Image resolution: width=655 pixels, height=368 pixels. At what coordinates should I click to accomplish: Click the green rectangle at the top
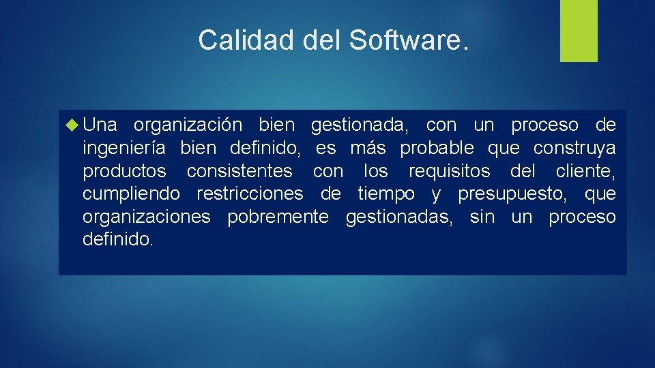[579, 31]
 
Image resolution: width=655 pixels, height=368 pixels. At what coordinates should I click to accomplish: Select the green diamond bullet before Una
[74, 125]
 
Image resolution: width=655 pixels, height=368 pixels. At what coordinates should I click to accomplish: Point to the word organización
[188, 125]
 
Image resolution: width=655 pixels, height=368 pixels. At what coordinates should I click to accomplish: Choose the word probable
[437, 148]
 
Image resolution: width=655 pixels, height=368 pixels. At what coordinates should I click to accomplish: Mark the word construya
[574, 149]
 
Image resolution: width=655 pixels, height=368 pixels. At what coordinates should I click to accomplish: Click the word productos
[124, 171]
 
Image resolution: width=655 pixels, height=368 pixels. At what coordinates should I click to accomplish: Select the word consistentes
[239, 171]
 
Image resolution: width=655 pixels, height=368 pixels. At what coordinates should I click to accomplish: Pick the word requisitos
[449, 171]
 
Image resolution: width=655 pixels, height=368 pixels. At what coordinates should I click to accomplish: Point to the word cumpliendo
[132, 194]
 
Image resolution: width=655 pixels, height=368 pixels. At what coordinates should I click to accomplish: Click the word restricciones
[250, 194]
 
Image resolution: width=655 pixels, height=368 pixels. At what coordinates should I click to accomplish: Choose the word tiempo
[386, 195]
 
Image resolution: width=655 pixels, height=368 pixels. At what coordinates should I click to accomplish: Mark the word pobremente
[278, 217]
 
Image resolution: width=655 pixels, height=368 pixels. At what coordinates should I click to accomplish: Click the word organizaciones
[147, 217]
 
